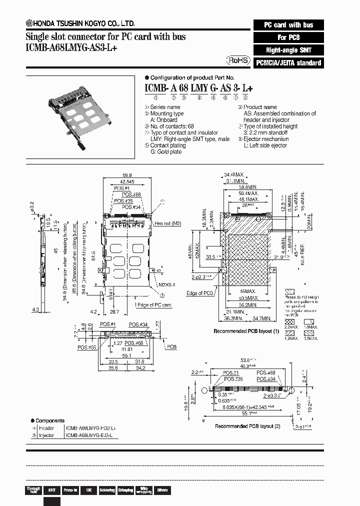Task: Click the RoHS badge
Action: point(238,60)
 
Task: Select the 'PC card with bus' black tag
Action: point(287,24)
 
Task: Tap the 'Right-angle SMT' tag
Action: point(287,50)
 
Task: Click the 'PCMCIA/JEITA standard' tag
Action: point(287,63)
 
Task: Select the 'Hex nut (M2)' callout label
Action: point(167,223)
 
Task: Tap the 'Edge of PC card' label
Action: point(153,304)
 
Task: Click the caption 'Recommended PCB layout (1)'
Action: point(246,331)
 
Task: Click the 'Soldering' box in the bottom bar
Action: point(106,490)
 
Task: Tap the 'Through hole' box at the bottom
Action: point(33,490)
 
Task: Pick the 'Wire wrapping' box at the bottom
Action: point(143,490)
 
